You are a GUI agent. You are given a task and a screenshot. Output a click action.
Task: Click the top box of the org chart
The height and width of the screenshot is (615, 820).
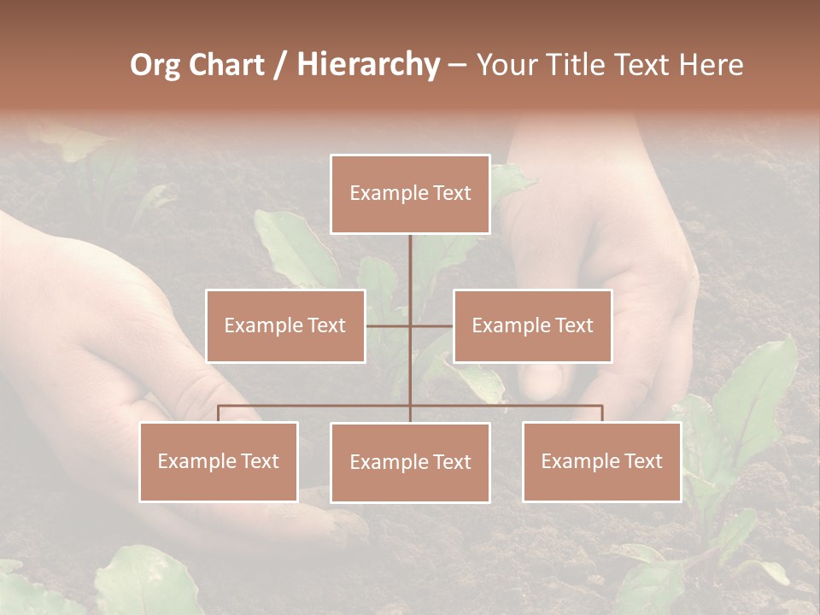410,194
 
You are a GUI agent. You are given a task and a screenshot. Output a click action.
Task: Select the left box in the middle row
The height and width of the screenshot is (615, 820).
285,325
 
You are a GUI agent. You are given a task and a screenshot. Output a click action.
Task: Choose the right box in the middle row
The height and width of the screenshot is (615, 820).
532,325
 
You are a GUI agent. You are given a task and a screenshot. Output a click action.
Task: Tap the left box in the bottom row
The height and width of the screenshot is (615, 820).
219,461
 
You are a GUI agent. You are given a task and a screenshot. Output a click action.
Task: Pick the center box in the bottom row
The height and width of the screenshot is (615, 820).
410,462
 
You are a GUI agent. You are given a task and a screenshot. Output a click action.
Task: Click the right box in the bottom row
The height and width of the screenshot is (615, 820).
601,461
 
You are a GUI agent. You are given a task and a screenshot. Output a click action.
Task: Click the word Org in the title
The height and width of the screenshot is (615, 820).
155,65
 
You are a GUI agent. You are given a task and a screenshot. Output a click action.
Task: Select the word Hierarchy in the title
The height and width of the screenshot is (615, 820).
368,65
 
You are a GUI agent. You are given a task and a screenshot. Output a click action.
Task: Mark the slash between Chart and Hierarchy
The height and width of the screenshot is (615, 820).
280,65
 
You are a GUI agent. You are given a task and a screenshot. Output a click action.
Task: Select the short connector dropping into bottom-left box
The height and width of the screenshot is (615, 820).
219,413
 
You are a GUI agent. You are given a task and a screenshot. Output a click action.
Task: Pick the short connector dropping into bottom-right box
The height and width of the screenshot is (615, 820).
601,413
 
